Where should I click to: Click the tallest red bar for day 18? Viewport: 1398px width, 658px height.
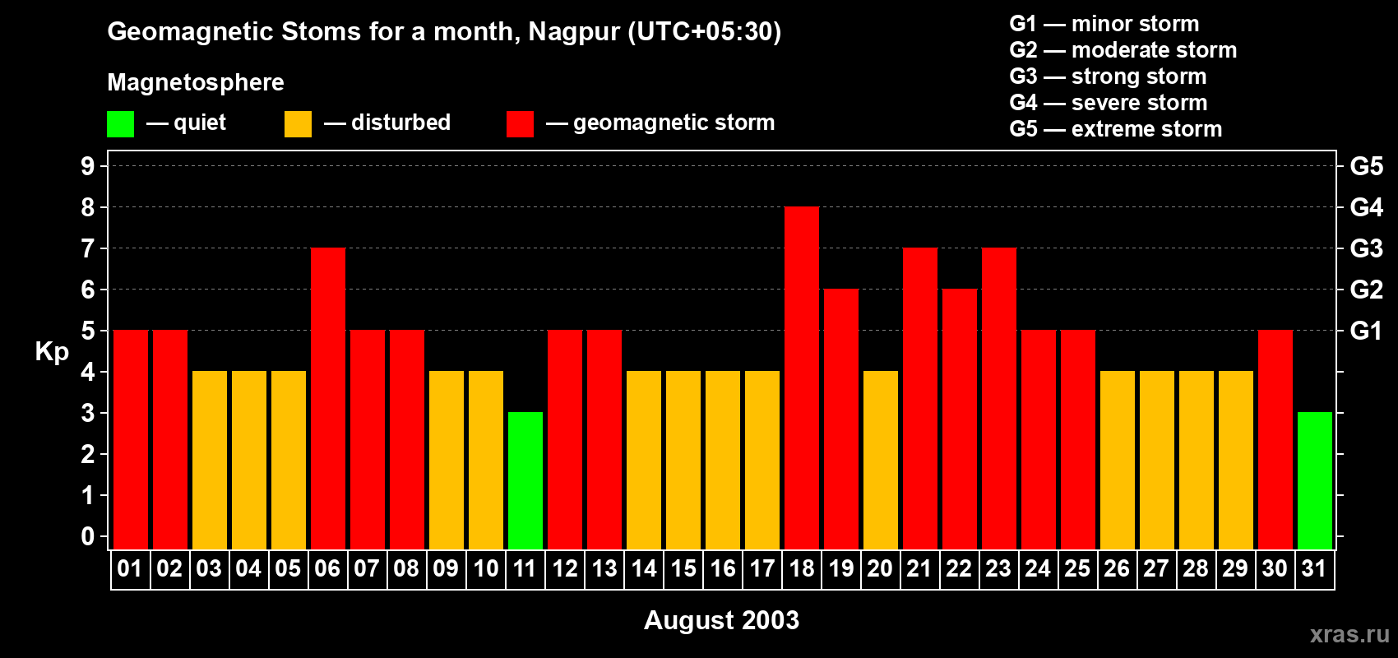(x=801, y=378)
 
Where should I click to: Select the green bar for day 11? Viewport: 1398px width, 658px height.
(x=525, y=481)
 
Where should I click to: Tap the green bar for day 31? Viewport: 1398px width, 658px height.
(x=1314, y=481)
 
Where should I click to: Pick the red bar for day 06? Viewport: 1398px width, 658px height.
(x=328, y=399)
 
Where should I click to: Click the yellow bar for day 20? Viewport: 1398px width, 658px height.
(x=880, y=461)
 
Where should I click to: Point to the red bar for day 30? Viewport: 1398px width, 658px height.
(x=1275, y=440)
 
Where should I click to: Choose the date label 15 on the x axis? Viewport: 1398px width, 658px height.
(x=683, y=569)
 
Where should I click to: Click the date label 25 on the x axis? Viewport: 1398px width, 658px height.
(x=1077, y=569)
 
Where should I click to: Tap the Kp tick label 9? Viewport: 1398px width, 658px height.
(x=88, y=166)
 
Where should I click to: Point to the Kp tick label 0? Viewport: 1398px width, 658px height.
(x=88, y=536)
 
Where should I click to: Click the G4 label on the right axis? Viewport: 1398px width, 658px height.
(x=1366, y=207)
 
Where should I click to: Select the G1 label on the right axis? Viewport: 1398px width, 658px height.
(x=1366, y=331)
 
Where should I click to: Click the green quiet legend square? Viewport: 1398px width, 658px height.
(x=120, y=124)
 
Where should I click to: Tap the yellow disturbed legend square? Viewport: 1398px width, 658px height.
(x=298, y=124)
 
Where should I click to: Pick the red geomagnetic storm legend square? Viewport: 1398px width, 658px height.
(x=520, y=124)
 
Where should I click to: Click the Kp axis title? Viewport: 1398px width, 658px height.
(x=52, y=351)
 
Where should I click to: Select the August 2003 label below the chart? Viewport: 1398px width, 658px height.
(x=721, y=620)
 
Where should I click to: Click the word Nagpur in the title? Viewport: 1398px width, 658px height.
(x=574, y=31)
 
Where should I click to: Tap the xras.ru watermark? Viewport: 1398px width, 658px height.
(x=1349, y=634)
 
